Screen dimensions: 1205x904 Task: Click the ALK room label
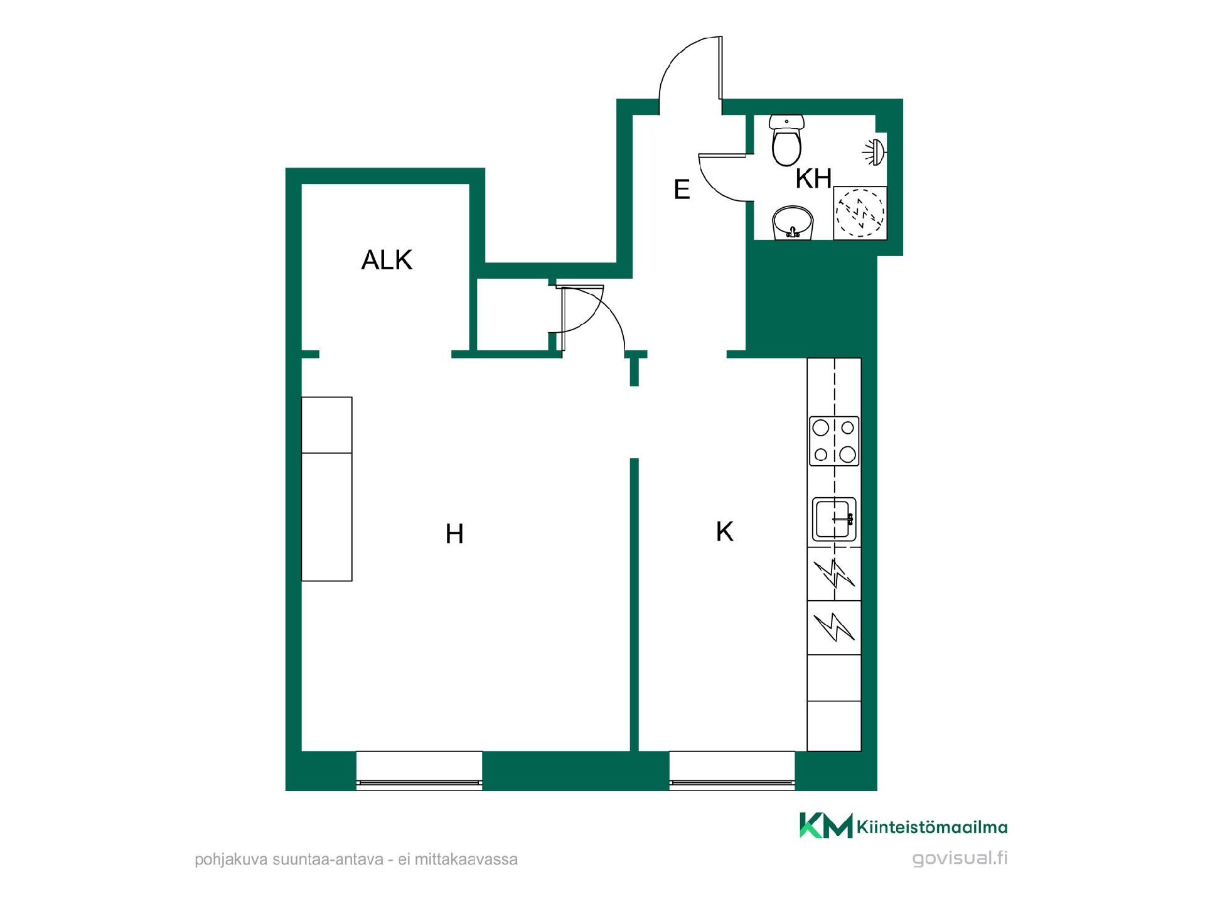pos(387,260)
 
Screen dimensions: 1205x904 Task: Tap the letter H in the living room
pos(454,534)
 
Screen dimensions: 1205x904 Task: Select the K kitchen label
pos(724,532)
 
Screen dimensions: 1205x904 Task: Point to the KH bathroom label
pos(813,179)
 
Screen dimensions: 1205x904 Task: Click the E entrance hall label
pos(682,189)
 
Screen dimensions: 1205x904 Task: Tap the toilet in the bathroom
pos(786,140)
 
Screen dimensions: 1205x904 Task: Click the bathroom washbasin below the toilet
pos(793,223)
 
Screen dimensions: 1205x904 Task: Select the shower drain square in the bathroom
pos(860,213)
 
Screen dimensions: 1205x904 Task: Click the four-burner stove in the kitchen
pos(834,441)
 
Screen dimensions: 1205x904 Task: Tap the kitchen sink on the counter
pos(834,519)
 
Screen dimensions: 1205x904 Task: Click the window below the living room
pos(419,770)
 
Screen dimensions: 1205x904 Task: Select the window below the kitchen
pos(732,770)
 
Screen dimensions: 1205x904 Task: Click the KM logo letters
pos(826,826)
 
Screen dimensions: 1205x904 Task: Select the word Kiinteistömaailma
pos(932,827)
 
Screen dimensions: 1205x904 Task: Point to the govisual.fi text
pos(960,858)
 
